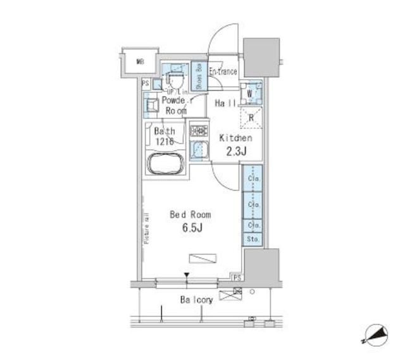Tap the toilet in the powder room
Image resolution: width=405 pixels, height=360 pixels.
pos(174,80)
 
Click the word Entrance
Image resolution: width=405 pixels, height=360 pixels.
pos(223,71)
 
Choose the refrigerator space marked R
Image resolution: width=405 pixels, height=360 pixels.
pos(251,116)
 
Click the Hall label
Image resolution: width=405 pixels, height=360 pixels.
pos(226,103)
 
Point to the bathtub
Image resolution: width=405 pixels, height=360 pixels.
pos(166,163)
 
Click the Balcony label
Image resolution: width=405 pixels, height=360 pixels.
pos(196,299)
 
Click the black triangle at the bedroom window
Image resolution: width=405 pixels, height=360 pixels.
pos(187,275)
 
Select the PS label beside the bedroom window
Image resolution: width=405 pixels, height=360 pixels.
pos(237,277)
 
